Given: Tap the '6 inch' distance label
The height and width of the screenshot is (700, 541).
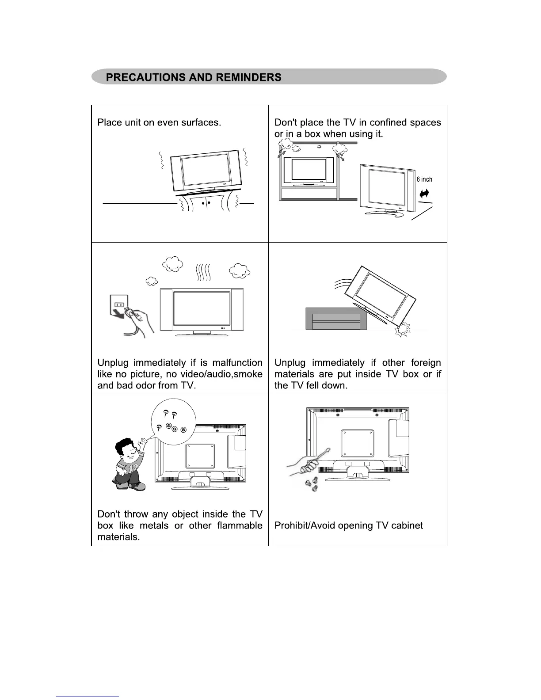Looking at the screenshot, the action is tap(424, 179).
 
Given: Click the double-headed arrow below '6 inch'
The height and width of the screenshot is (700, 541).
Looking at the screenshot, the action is tap(424, 193).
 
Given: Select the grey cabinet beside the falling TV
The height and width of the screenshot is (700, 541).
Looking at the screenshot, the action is tap(336, 319).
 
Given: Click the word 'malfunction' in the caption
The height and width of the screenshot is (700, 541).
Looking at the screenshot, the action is tap(237, 363).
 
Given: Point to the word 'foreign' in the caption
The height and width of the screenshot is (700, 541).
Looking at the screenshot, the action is tap(426, 363).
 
